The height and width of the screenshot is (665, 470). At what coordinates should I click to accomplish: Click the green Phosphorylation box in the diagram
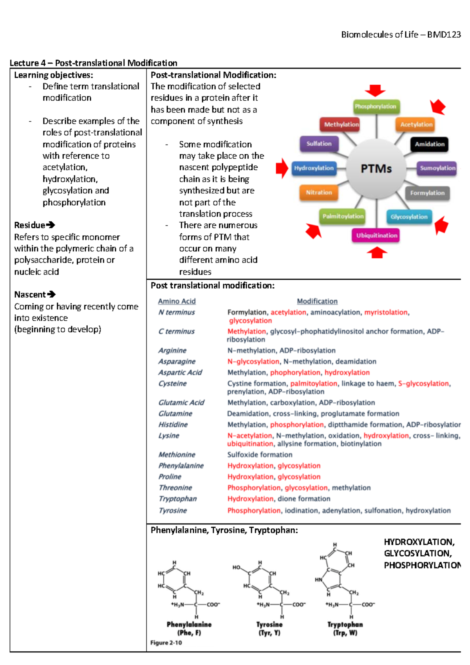tap(375, 107)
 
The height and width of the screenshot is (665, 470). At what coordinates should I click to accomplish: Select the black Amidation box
tap(429, 144)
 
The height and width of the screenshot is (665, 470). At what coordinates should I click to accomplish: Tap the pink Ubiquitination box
tap(376, 235)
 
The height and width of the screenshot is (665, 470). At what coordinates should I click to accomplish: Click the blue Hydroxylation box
tap(314, 168)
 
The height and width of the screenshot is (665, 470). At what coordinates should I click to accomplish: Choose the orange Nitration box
tap(319, 192)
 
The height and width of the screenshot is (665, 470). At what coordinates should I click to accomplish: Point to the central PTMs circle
tap(376, 169)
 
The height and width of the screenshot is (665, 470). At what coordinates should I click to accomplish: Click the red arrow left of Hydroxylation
tap(282, 168)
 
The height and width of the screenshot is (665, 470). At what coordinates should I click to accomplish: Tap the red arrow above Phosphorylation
tap(375, 90)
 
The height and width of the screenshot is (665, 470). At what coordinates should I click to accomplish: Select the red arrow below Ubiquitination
tap(377, 253)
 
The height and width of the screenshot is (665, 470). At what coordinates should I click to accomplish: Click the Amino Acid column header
tap(177, 301)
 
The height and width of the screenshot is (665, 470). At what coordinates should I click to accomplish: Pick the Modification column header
tap(317, 301)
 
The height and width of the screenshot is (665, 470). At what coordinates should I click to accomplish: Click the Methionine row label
tap(177, 455)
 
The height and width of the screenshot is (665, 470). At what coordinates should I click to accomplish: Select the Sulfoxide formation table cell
tap(260, 455)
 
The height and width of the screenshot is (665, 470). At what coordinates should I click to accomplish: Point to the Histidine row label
tap(173, 425)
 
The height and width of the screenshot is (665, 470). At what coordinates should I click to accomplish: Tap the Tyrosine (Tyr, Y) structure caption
tap(269, 629)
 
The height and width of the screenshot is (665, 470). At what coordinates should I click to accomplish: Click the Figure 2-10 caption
tap(166, 643)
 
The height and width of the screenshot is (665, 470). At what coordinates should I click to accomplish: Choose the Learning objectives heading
tap(54, 75)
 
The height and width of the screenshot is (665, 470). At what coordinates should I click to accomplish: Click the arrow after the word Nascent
tap(51, 294)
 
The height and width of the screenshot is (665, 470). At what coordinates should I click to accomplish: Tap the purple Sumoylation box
tap(437, 168)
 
